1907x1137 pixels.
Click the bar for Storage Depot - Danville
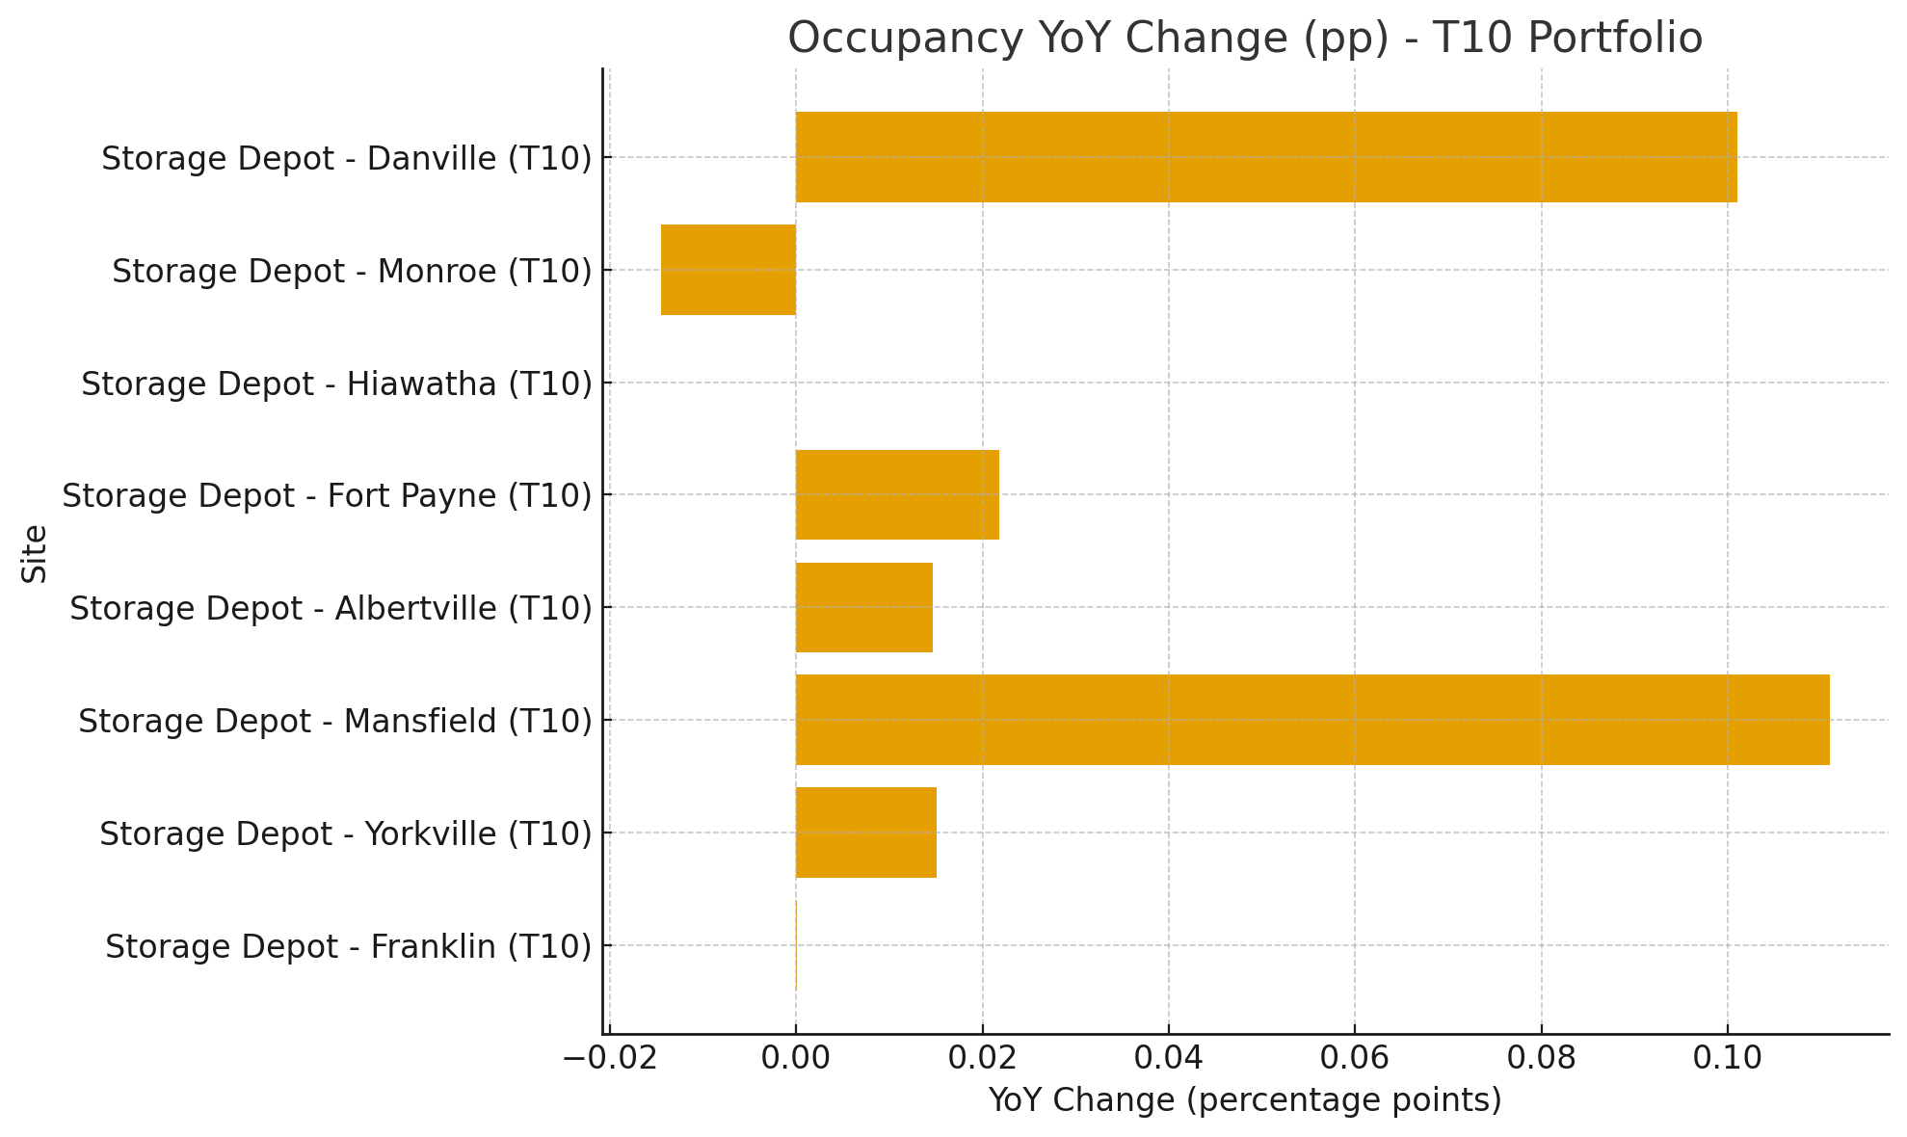(x=1265, y=157)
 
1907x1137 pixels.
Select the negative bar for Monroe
(x=728, y=270)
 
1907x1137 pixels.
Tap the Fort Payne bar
(x=897, y=494)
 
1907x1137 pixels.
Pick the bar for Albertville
(x=863, y=607)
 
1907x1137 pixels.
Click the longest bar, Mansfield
(x=1311, y=720)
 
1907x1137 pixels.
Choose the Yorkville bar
(x=865, y=833)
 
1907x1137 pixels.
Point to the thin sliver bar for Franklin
(x=796, y=945)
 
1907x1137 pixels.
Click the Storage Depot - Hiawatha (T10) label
(x=335, y=383)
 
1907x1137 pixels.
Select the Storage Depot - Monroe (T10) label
(x=351, y=271)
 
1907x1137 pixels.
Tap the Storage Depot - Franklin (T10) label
(x=348, y=946)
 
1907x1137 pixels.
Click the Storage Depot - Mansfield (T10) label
(x=334, y=721)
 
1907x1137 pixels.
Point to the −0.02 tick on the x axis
(x=609, y=1058)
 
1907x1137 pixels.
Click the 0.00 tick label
(x=795, y=1058)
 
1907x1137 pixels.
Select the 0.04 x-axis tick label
(x=1168, y=1058)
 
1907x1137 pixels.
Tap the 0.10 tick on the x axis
(x=1727, y=1058)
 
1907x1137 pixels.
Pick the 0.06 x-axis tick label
(x=1354, y=1058)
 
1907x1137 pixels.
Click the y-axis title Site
(x=35, y=553)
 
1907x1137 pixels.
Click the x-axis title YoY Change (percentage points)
(x=1244, y=1099)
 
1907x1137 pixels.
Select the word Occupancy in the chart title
(x=905, y=39)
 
